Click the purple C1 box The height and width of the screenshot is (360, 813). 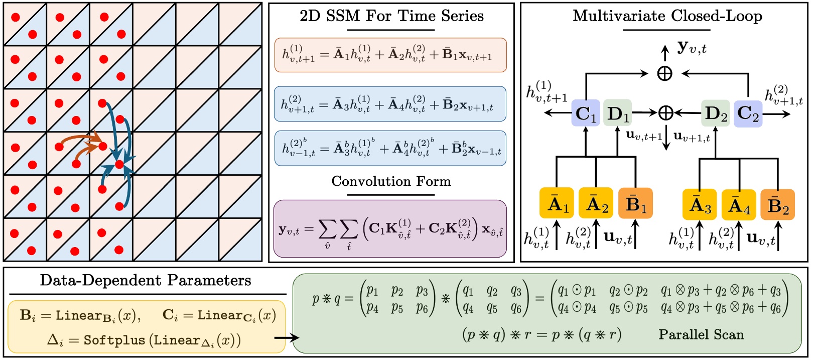pos(586,113)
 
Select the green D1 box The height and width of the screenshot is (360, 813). pos(617,113)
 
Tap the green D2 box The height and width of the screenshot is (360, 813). pos(715,113)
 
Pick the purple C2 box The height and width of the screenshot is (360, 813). pos(748,113)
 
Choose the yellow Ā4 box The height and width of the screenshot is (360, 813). pos(739,205)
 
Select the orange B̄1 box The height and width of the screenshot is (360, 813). pos(635,203)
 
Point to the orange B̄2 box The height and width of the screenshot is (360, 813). pos(777,205)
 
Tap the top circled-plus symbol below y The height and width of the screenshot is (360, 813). pos(665,74)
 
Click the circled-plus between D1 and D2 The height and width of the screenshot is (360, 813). pos(665,113)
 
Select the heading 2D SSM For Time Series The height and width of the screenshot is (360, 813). pos(391,16)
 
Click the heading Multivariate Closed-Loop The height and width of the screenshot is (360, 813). pos(667,16)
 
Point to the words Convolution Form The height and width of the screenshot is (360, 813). pos(391,181)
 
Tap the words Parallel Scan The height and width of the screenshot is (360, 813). pos(701,334)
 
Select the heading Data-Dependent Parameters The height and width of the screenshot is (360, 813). pos(146,280)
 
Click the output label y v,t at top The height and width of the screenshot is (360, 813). pos(692,48)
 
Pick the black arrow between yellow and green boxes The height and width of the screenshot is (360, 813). pos(287,337)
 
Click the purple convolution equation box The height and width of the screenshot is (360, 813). pos(390,228)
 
